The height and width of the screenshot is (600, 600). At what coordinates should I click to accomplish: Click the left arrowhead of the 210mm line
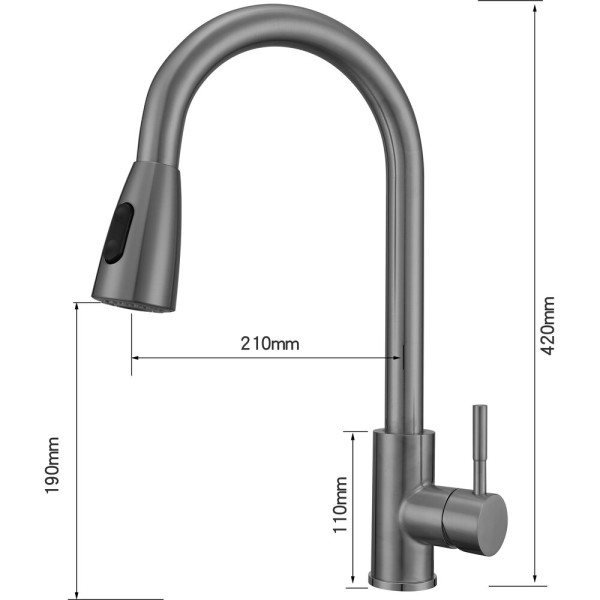coord(135,357)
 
